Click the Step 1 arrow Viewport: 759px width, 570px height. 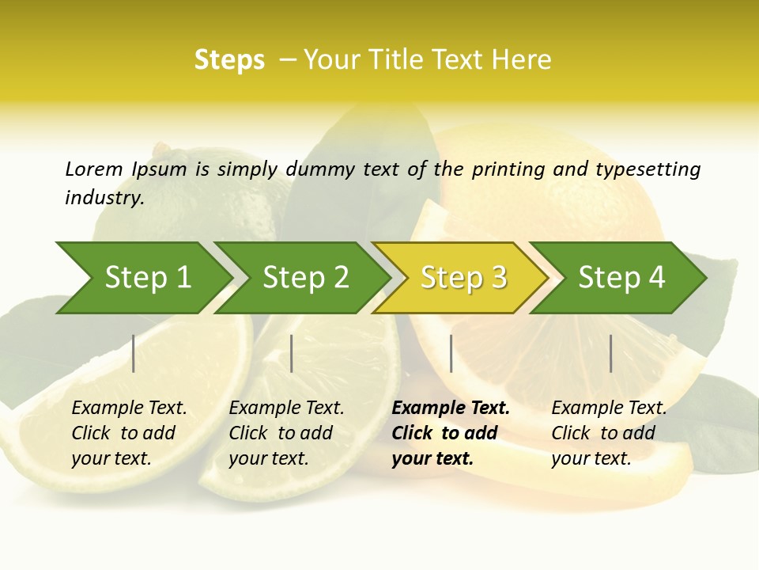point(147,278)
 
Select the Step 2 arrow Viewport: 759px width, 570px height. point(305,278)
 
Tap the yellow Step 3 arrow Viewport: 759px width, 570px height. point(463,278)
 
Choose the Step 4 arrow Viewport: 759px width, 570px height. point(621,278)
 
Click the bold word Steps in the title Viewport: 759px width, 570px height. point(229,60)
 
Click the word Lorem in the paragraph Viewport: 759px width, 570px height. point(94,169)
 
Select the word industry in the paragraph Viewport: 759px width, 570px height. point(104,197)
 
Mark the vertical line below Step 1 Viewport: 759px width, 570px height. point(134,353)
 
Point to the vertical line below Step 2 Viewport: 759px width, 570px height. point(292,353)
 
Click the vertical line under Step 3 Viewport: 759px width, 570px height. point(451,353)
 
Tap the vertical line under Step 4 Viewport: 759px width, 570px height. point(610,353)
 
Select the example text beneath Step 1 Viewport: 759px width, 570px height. point(129,433)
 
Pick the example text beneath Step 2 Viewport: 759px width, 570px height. point(286,433)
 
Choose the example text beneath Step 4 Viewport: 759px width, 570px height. point(609,433)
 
